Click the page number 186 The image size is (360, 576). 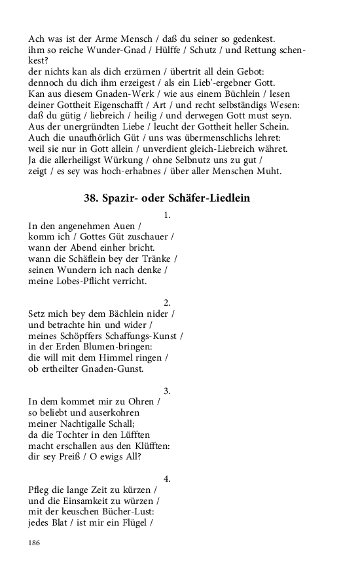35,543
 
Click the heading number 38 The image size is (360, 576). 91,197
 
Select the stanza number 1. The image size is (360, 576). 167,214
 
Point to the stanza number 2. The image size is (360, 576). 167,302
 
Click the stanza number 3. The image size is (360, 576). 167,391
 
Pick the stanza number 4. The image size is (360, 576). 167,478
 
